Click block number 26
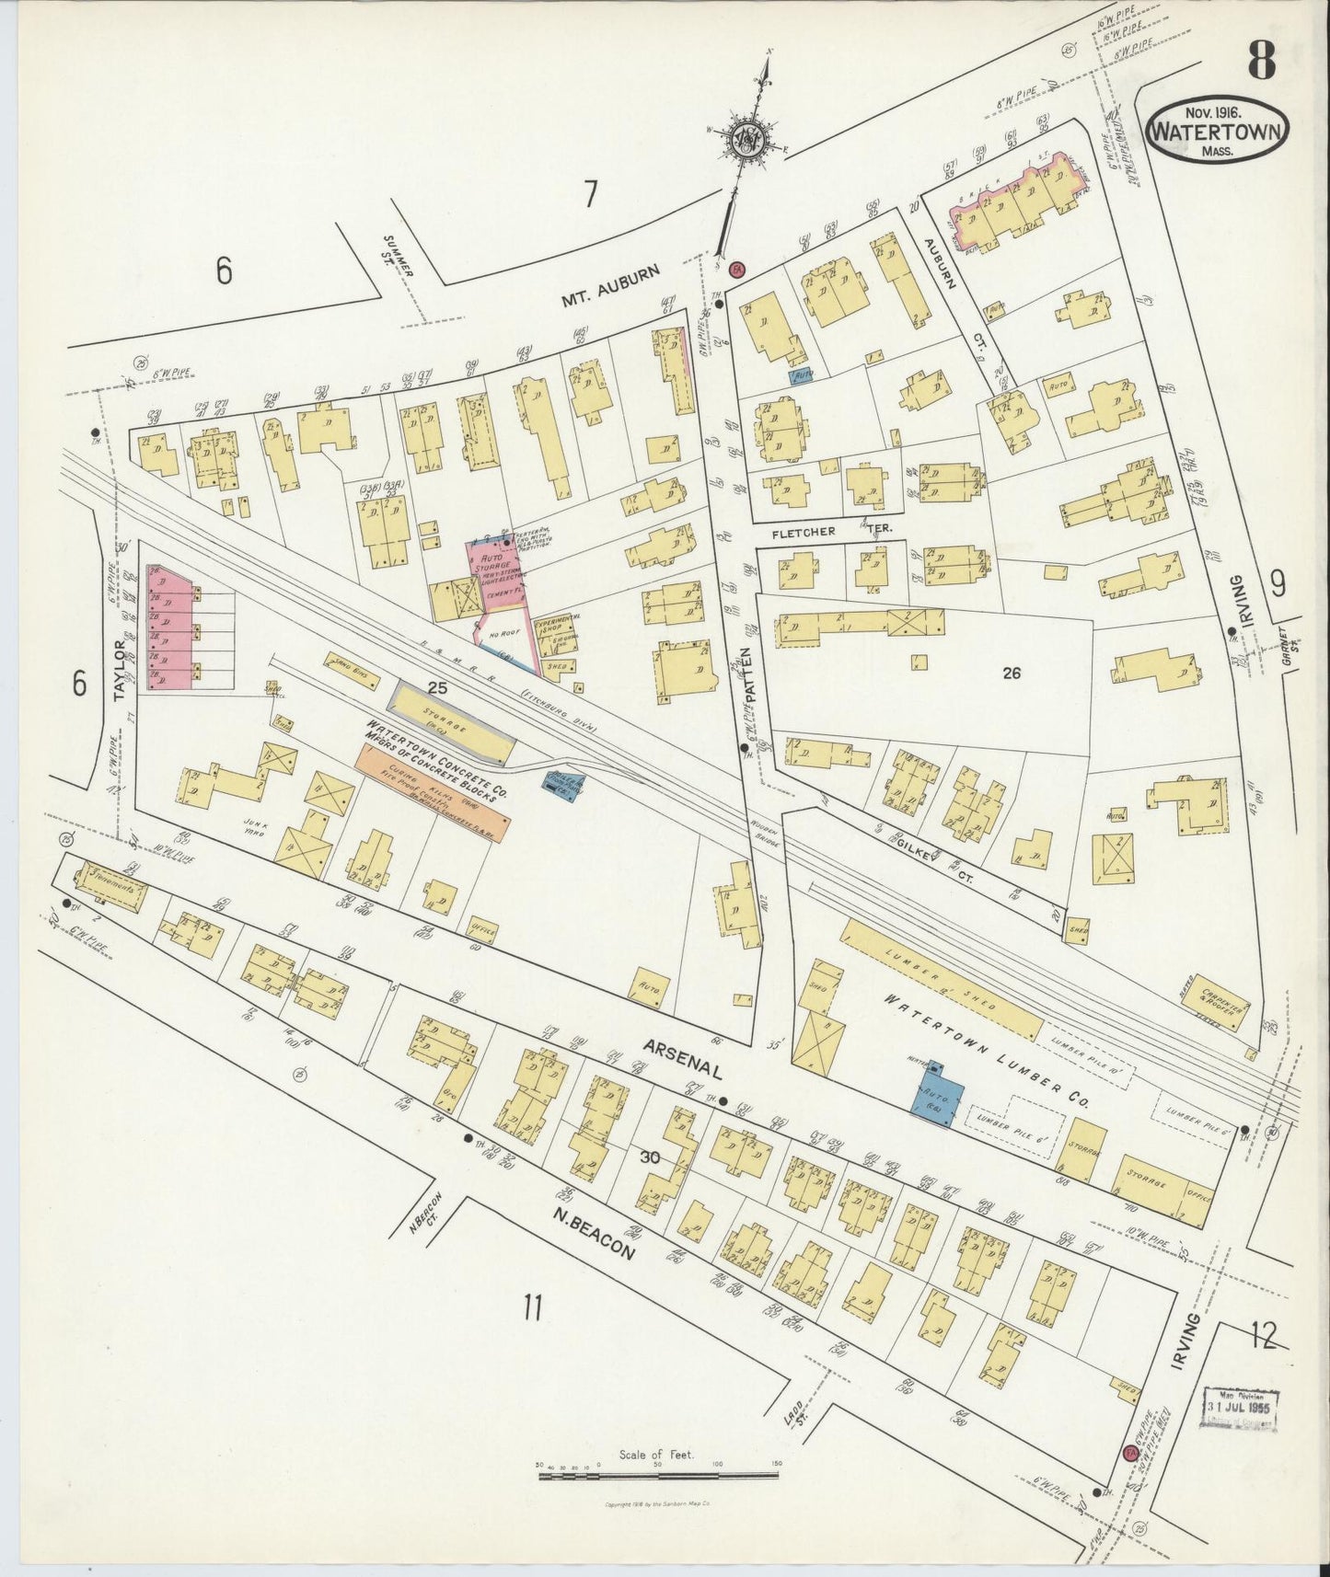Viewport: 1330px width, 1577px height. [1012, 673]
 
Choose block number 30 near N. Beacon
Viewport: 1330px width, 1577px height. [650, 1157]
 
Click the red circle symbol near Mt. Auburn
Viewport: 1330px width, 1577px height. [737, 270]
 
